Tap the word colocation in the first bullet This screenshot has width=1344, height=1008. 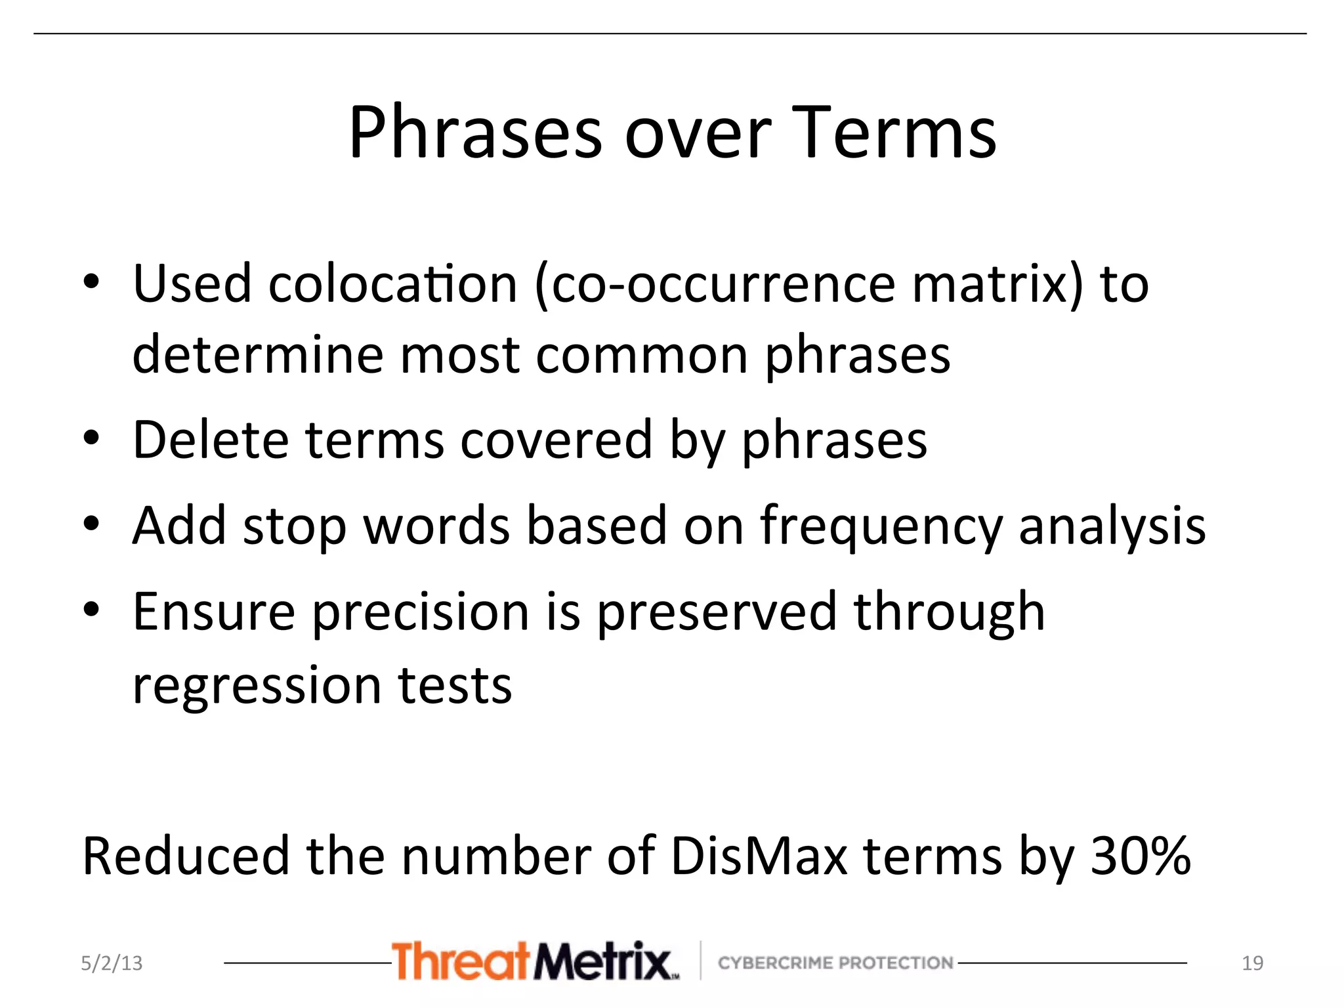tap(392, 285)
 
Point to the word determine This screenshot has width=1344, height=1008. tap(257, 355)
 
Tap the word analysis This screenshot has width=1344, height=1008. tap(1112, 527)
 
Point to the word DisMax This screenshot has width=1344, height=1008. tap(759, 856)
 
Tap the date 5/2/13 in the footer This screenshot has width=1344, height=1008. tap(112, 963)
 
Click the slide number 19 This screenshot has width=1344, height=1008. tap(1252, 963)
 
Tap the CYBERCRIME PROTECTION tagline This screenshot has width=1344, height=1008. tap(835, 963)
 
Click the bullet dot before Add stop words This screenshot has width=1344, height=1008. tap(92, 524)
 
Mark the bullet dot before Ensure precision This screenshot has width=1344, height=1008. tap(92, 610)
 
